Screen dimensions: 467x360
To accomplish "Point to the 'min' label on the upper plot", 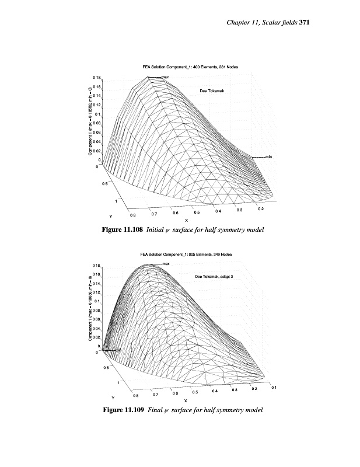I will [268, 157].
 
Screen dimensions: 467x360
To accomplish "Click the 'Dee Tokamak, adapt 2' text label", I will [213, 276].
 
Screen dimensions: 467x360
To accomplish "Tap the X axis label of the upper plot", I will [186, 220].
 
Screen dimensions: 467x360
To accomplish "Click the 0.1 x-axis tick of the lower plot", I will [274, 387].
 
